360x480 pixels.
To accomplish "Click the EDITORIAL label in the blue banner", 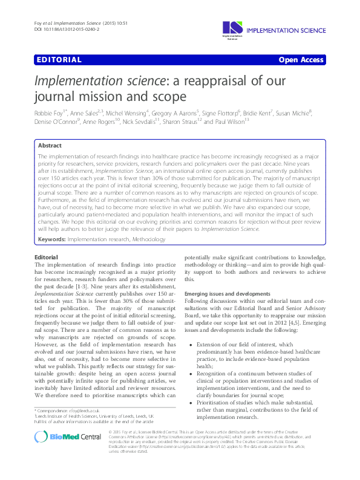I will [59, 60].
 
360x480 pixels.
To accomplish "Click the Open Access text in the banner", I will [301, 60].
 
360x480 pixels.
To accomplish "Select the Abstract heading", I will [50, 146].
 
